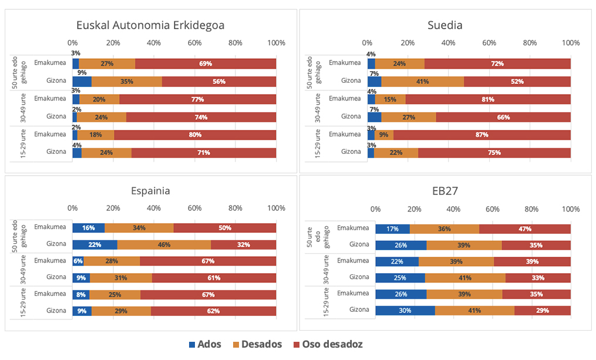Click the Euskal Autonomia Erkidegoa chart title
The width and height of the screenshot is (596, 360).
click(x=150, y=25)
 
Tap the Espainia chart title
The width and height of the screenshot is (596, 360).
click(x=150, y=191)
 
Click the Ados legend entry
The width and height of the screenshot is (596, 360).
click(x=205, y=344)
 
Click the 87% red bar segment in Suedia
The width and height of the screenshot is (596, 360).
click(x=481, y=134)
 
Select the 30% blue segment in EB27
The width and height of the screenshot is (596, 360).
click(x=405, y=310)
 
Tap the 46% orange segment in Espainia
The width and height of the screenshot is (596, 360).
click(x=164, y=244)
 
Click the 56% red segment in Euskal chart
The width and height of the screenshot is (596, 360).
click(x=218, y=82)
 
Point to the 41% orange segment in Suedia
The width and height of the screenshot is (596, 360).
click(x=422, y=82)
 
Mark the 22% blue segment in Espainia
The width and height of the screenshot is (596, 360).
click(x=95, y=244)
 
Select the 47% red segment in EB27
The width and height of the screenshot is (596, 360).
click(x=524, y=229)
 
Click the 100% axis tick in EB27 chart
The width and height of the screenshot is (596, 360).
click(x=570, y=208)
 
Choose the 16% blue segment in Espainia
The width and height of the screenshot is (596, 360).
click(x=89, y=228)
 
